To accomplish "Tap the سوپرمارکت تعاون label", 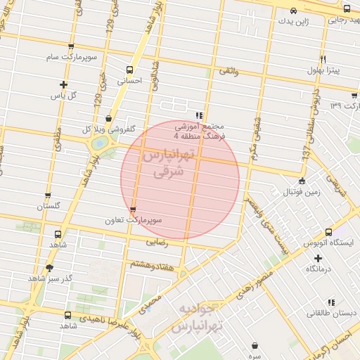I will point(139,220).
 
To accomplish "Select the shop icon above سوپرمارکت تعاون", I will point(133,210).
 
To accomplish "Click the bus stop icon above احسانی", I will point(129,70).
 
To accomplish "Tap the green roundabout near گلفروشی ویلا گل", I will point(100,143).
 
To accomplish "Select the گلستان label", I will point(48,206).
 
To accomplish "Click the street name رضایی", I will point(156,243).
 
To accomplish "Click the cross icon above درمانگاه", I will point(319,258).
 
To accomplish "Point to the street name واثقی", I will point(229,71).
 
